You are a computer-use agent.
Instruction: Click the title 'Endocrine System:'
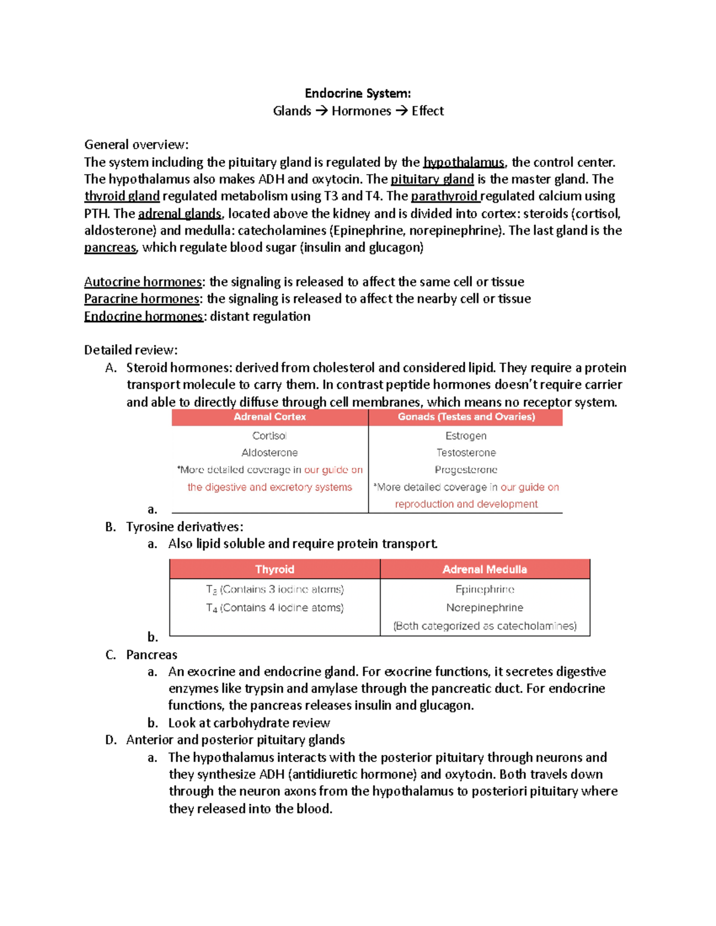[x=357, y=94]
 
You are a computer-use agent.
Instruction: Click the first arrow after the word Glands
[x=321, y=111]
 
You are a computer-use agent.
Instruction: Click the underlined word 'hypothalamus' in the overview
[x=464, y=162]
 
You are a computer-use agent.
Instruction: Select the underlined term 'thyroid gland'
[x=122, y=196]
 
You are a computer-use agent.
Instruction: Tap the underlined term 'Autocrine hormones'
[x=143, y=281]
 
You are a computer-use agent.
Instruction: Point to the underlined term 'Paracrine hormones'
[x=142, y=299]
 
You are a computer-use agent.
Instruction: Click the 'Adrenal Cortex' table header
[x=270, y=417]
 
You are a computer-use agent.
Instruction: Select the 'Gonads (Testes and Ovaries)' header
[x=466, y=417]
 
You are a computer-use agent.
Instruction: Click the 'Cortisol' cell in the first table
[x=270, y=436]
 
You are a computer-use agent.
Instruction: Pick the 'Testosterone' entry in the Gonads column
[x=466, y=453]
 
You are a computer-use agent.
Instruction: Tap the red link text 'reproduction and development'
[x=466, y=504]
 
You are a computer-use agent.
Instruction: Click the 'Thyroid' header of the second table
[x=274, y=569]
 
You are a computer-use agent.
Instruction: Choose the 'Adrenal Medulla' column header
[x=484, y=569]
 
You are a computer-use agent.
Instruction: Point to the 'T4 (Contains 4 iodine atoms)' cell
[x=274, y=608]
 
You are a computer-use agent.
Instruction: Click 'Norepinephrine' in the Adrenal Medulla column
[x=484, y=608]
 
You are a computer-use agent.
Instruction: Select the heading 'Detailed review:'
[x=131, y=350]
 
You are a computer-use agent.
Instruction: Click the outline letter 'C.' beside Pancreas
[x=110, y=655]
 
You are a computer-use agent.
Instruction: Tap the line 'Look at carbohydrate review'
[x=249, y=723]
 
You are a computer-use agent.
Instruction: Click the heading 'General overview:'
[x=136, y=145]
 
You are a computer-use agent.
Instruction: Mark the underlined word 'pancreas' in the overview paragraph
[x=110, y=247]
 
